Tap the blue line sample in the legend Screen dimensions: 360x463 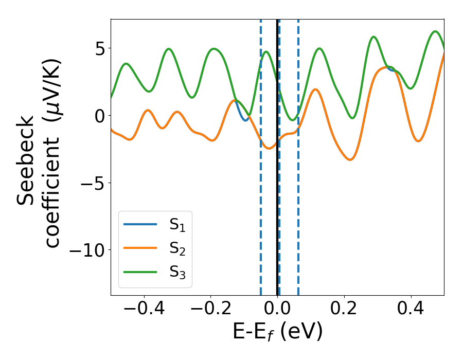140,224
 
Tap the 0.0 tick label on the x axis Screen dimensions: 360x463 277,310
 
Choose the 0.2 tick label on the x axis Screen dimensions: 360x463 344,310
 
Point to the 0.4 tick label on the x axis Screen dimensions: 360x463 411,310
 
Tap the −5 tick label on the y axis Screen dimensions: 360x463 91,183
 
